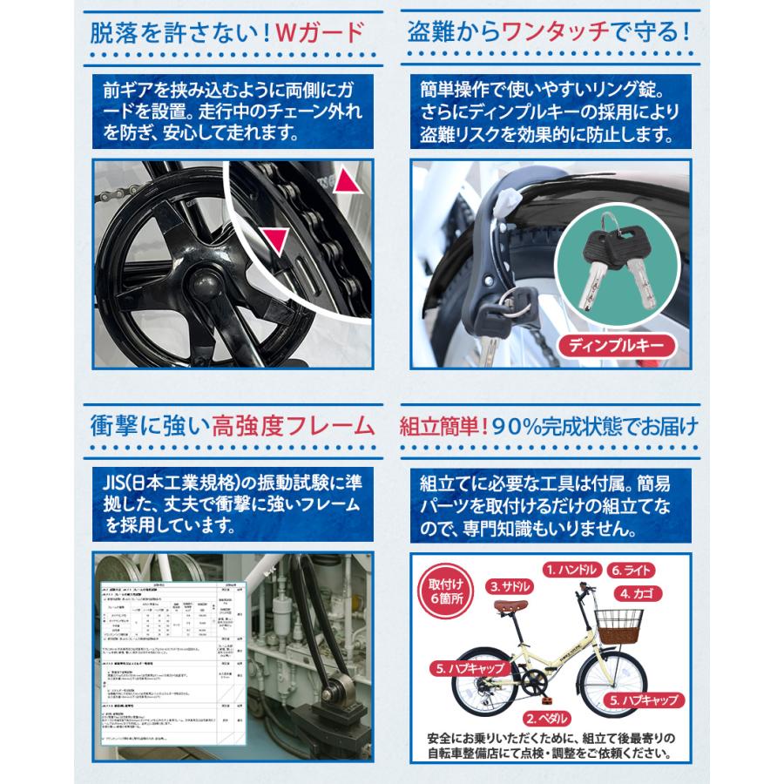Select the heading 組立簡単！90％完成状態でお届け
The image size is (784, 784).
click(x=549, y=426)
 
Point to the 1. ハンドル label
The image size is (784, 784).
click(x=572, y=570)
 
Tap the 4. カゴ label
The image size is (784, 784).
click(x=642, y=594)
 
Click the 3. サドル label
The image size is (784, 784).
click(x=511, y=585)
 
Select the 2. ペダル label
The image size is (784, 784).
click(x=551, y=719)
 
